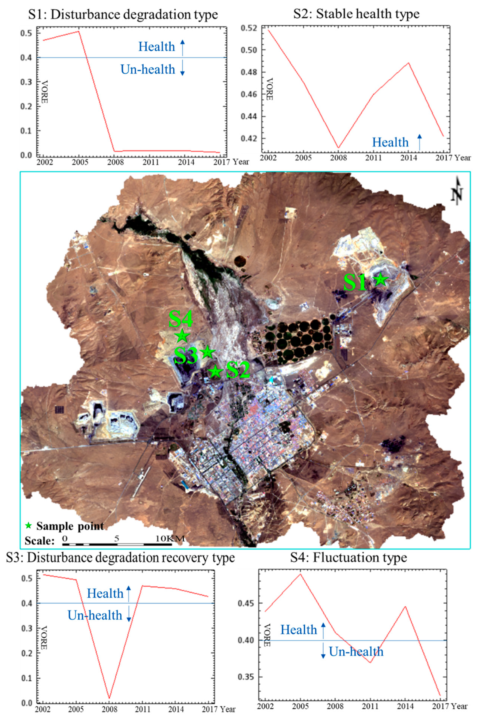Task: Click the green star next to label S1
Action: pos(381,279)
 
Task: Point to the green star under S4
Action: pos(182,336)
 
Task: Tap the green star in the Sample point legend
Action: pos(29,526)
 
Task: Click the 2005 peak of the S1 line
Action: pos(79,31)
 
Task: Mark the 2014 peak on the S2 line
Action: pos(409,63)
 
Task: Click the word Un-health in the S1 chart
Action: pos(148,70)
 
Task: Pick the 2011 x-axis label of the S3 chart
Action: pos(143,709)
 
